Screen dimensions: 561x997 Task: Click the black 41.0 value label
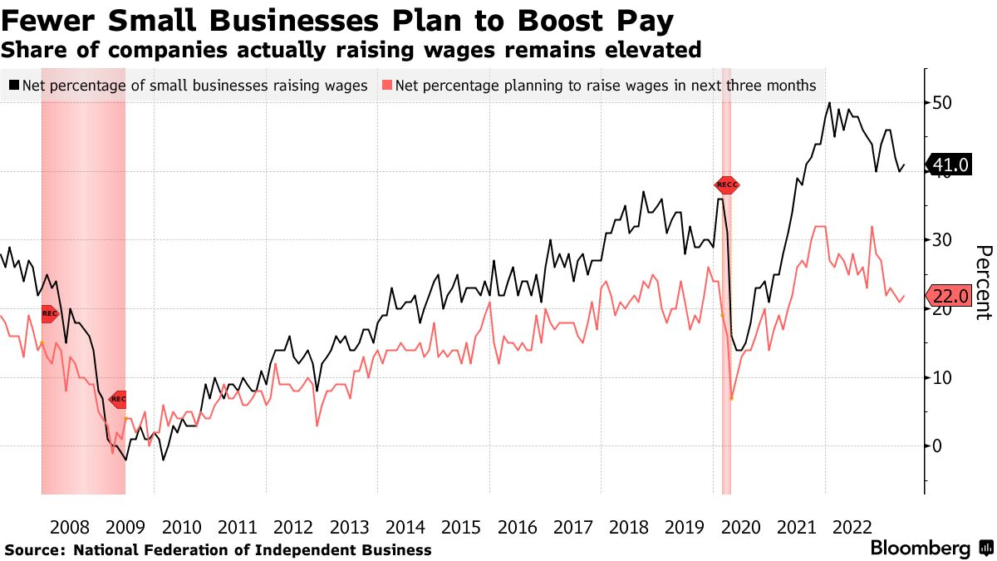coord(950,165)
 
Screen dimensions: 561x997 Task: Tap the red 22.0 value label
coord(950,296)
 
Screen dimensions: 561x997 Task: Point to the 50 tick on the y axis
coord(941,103)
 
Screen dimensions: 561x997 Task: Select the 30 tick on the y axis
coord(941,240)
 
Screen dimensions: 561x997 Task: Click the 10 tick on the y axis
coord(941,377)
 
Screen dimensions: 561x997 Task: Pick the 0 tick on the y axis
coord(936,446)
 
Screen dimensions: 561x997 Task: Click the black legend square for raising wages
coord(14,86)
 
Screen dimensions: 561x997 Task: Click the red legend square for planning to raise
coord(386,86)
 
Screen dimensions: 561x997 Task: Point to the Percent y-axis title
coord(984,283)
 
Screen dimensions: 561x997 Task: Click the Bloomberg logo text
coord(920,549)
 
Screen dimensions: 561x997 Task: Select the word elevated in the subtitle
coord(656,50)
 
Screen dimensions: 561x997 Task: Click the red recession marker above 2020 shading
coord(726,185)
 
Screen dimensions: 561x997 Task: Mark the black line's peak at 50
coord(829,103)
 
